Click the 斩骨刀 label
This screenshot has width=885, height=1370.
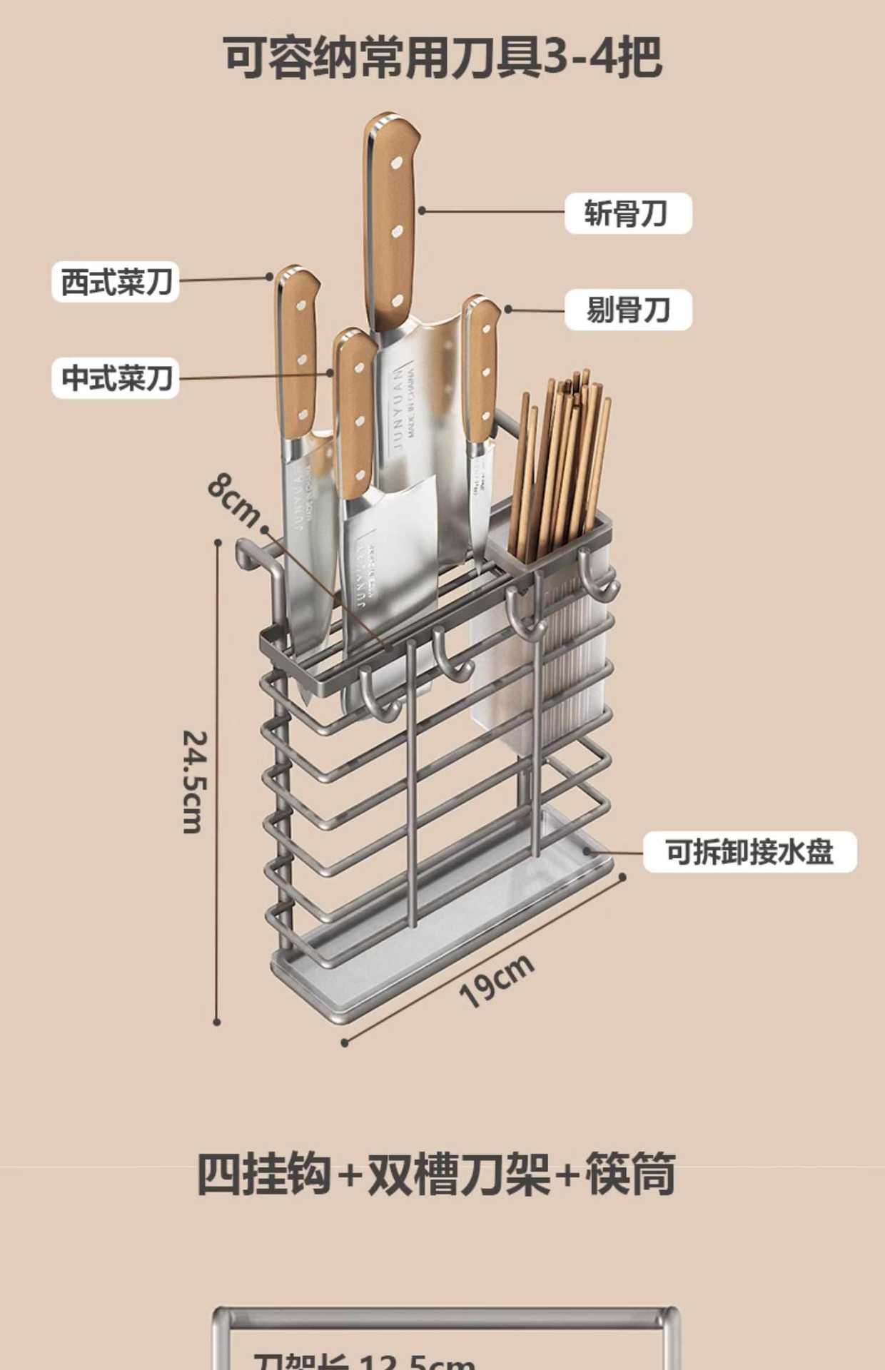(x=627, y=213)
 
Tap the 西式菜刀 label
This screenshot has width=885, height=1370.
(x=116, y=282)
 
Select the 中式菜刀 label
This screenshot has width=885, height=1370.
(x=116, y=378)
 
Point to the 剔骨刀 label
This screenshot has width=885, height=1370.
(x=628, y=310)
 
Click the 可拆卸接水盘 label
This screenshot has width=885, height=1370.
(x=749, y=851)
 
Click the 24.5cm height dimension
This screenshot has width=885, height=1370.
(x=194, y=781)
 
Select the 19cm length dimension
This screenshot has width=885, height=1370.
(x=496, y=980)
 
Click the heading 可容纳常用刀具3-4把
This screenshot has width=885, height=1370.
(x=442, y=57)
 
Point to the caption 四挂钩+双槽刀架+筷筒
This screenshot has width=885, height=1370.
(x=435, y=1174)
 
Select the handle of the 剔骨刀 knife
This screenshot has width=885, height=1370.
(x=482, y=371)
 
